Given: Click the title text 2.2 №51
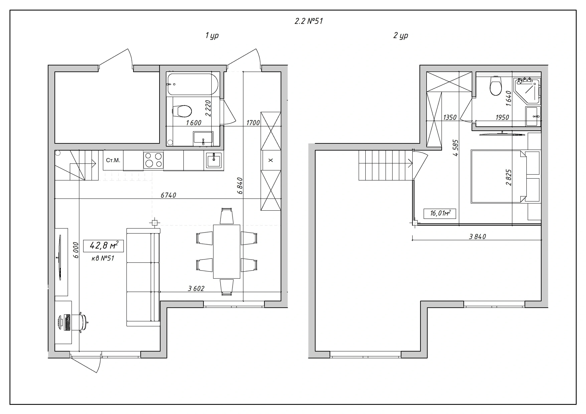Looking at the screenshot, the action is coord(309,21).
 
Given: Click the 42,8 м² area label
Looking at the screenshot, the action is coord(104,246).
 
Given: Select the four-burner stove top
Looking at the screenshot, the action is coord(153,160).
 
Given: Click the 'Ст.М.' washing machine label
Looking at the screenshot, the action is coord(113,160).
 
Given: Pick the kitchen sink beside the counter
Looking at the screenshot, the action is coord(214,160).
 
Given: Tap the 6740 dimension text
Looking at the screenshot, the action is coord(168,195).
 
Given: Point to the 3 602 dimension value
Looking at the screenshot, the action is coord(196,288).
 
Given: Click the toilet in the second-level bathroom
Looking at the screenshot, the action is coord(496,86).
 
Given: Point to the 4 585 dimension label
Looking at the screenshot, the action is coord(455,148).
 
